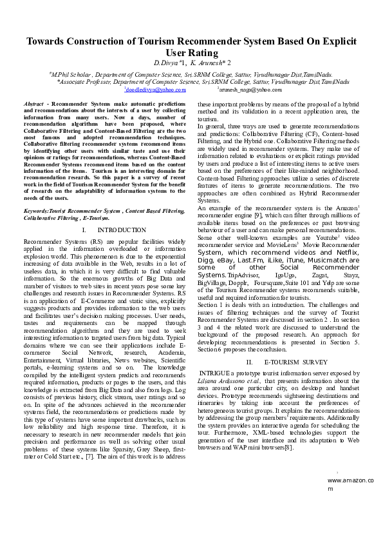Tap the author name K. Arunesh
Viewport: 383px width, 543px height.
coord(207,63)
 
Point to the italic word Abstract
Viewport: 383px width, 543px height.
coord(33,104)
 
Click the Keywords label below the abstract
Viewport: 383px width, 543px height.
coord(35,211)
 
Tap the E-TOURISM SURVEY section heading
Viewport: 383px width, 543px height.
coord(292,362)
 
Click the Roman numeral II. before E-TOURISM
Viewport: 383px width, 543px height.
coord(250,362)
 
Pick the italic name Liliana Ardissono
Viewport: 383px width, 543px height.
coord(222,380)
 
